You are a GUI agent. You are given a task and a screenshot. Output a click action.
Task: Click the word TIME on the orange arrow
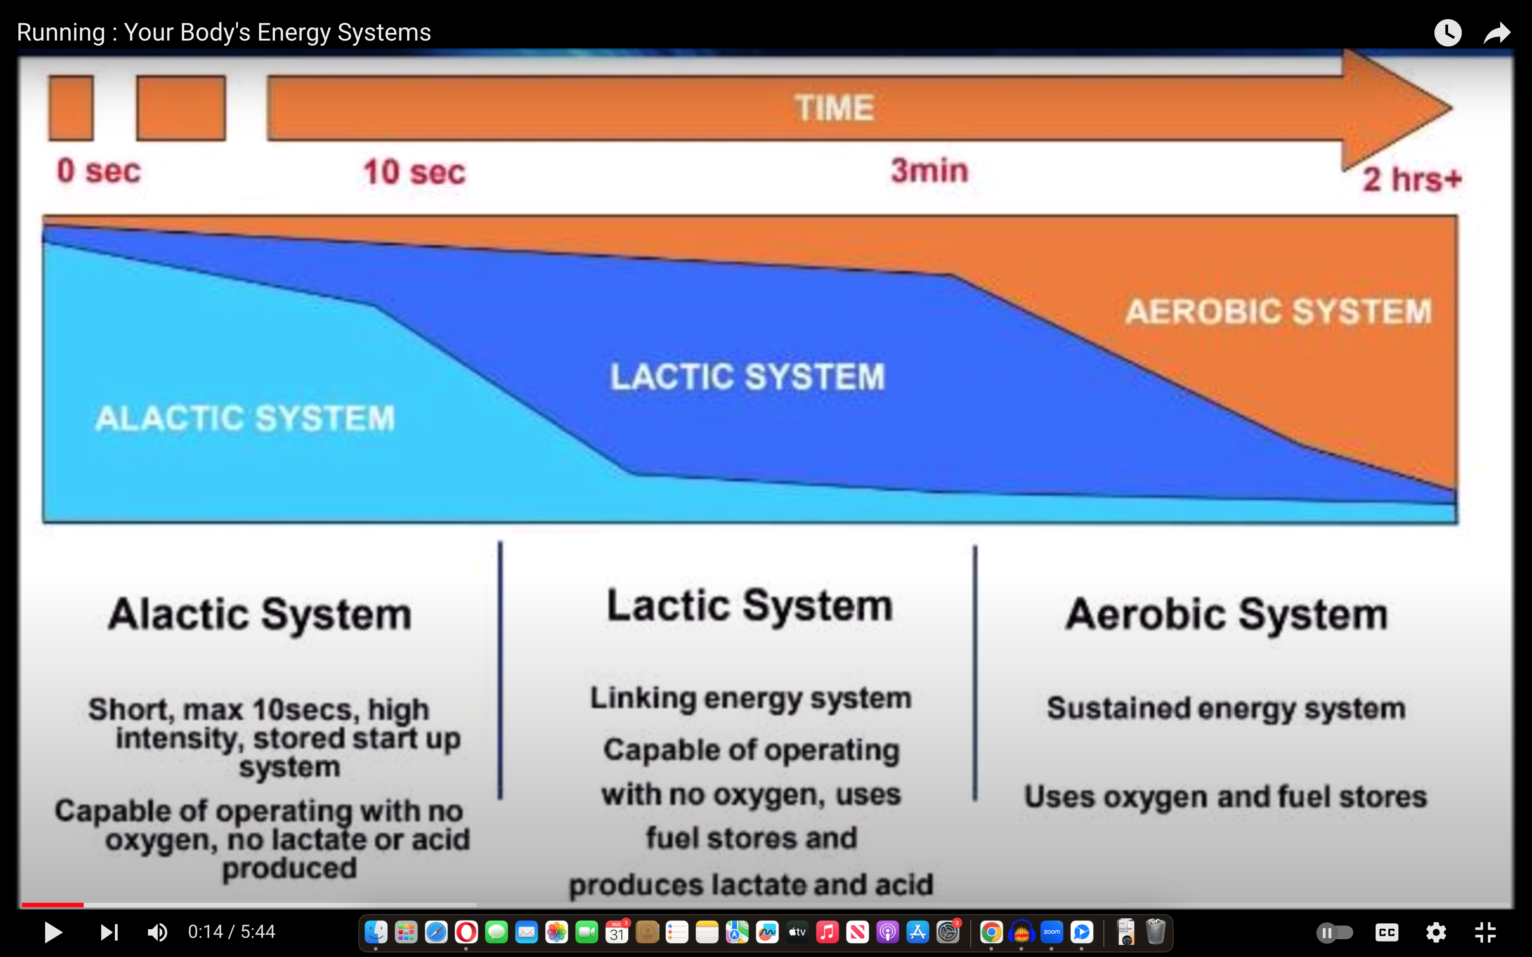click(x=835, y=108)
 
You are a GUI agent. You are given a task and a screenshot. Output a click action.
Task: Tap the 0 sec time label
click(x=99, y=171)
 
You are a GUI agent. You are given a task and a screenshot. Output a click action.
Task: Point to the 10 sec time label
click(x=414, y=172)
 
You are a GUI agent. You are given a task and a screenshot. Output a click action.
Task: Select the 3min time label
click(x=929, y=170)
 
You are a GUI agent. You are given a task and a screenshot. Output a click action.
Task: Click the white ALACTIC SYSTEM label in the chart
click(x=245, y=418)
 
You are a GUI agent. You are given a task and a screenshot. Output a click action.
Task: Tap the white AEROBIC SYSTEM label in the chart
click(x=1278, y=311)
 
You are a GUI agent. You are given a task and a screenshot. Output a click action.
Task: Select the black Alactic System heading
click(x=259, y=615)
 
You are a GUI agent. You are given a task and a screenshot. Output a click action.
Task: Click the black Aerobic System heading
click(x=1226, y=615)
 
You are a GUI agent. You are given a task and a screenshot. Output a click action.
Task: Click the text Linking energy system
click(x=751, y=699)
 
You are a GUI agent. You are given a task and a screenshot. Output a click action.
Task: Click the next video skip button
click(x=109, y=931)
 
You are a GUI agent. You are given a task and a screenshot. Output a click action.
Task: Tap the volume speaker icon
click(x=157, y=931)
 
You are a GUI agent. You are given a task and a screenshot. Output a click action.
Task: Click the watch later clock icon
click(x=1448, y=33)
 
